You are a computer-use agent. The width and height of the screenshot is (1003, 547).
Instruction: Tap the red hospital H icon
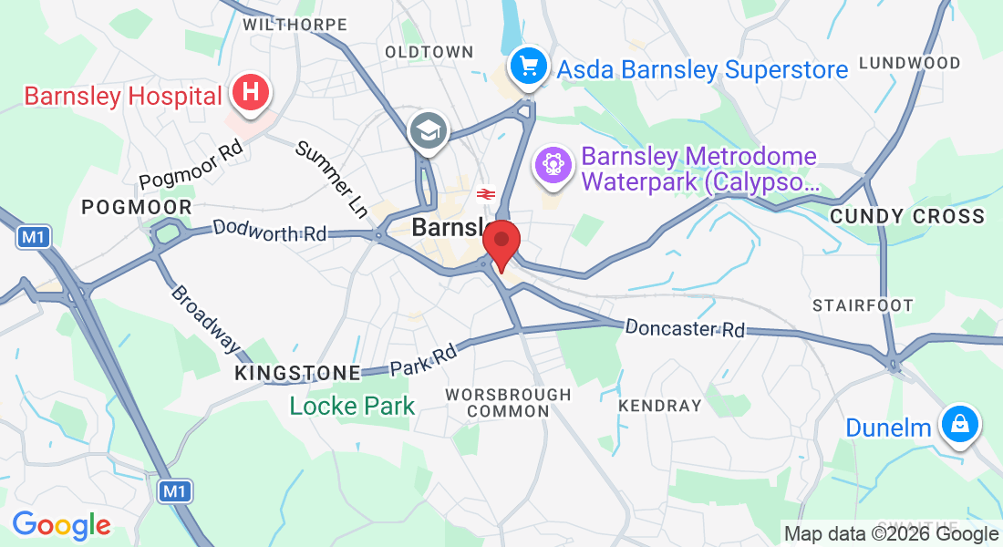[251, 93]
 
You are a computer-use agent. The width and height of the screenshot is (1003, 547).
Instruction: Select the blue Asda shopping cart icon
[528, 66]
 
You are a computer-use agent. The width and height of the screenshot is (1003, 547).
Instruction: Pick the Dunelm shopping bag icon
[960, 423]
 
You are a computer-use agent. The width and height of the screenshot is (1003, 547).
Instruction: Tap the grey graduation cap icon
[427, 130]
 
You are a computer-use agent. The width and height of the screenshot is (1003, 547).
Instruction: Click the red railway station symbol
[485, 193]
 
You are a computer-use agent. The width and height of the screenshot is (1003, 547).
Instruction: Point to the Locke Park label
[352, 406]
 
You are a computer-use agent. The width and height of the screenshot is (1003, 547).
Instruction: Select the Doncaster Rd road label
[685, 328]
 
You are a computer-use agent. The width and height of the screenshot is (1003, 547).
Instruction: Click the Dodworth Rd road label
[269, 231]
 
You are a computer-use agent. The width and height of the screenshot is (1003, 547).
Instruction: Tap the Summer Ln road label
[332, 180]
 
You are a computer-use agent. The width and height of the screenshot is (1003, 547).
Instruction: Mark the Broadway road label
[205, 320]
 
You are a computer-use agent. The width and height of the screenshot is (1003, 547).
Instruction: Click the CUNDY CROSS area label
[907, 217]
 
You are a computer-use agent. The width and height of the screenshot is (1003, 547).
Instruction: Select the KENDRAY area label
[659, 405]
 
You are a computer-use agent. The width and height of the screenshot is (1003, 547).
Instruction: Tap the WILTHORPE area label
[295, 25]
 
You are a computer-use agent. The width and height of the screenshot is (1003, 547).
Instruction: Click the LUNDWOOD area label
[909, 63]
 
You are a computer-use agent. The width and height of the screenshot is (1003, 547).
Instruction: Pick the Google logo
[61, 526]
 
